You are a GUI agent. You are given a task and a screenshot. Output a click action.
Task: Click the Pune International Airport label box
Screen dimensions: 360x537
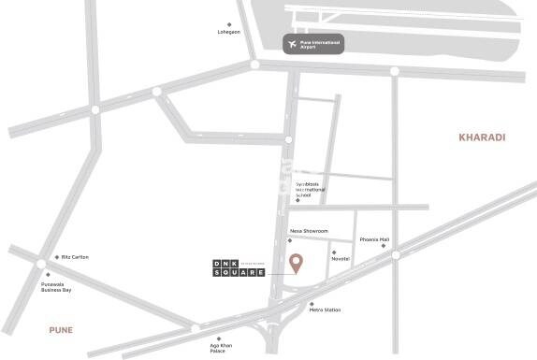[x=313, y=44]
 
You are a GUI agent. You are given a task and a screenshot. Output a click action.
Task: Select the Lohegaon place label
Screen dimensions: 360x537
[x=229, y=33]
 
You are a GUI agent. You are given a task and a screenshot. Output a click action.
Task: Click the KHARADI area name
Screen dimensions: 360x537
[x=481, y=137]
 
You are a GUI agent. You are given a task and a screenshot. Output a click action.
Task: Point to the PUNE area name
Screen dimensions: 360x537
[x=62, y=330]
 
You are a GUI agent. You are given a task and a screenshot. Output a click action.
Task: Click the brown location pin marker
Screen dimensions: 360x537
[x=296, y=264]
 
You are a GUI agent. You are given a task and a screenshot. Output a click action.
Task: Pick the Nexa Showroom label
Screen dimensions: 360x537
[x=309, y=230]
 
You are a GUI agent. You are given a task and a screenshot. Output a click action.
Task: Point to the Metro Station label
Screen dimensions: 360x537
[x=325, y=310]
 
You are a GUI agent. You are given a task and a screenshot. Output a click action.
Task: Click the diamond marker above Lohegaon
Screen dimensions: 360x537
[x=229, y=24]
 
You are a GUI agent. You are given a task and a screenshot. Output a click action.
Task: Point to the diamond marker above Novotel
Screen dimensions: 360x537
[x=333, y=252]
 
